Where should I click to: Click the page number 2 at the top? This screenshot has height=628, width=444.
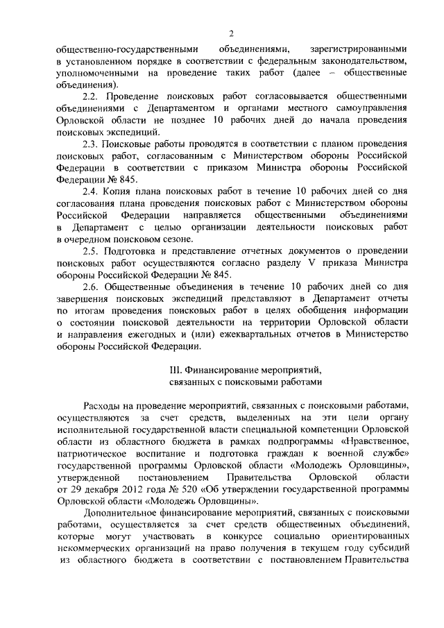(x=232, y=33)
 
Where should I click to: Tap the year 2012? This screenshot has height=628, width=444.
(x=115, y=490)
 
